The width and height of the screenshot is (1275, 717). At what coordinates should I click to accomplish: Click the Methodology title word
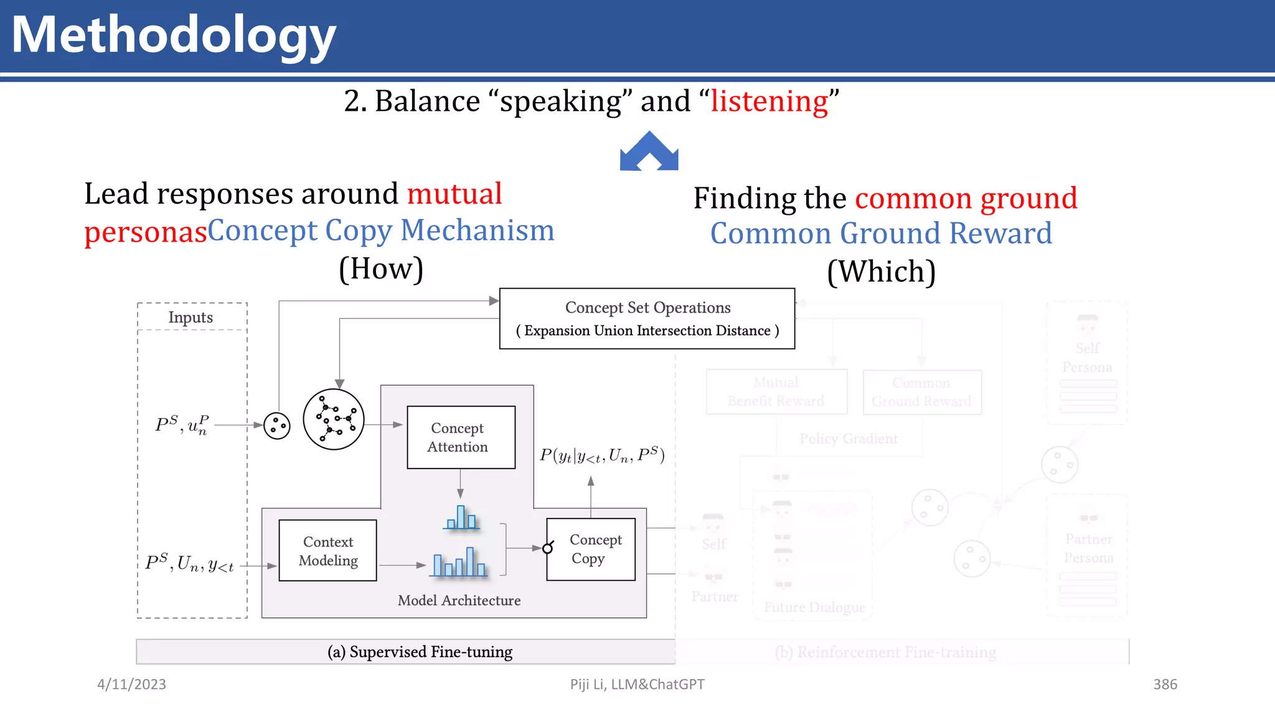(174, 35)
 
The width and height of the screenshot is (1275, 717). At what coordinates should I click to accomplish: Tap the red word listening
(769, 101)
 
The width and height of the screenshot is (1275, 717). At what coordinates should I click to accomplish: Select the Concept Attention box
(461, 437)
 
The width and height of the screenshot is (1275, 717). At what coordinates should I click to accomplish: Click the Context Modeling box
(327, 551)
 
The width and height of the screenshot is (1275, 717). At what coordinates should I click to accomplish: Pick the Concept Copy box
(591, 549)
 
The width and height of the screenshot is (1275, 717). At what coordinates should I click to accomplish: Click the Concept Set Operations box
(647, 319)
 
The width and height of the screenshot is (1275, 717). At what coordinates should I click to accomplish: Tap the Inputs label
(191, 317)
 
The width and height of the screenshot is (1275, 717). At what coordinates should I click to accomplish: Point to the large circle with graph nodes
(334, 419)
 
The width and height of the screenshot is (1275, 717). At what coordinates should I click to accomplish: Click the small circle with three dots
(277, 426)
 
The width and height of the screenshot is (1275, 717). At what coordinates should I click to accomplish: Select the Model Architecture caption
(459, 601)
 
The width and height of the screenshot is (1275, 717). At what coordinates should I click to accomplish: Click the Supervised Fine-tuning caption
(420, 652)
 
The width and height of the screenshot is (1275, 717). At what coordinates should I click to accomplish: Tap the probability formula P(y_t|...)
(601, 456)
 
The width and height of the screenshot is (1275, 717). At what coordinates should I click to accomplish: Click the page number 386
(1165, 684)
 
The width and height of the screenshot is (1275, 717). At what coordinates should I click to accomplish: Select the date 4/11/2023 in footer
(131, 684)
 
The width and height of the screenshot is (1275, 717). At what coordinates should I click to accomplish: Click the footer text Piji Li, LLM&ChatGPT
(637, 684)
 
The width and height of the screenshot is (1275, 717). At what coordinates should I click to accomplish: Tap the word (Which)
(881, 272)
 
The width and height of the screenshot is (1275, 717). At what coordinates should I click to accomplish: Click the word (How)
(381, 269)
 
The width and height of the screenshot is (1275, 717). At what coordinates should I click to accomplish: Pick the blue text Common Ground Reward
(881, 233)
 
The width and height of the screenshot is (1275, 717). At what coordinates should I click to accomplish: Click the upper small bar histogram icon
(461, 518)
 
